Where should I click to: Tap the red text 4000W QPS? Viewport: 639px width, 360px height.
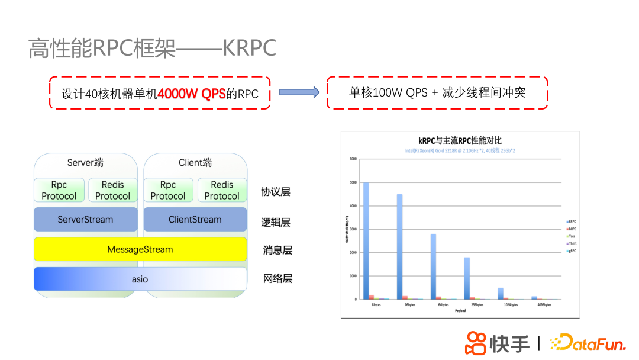[192, 94]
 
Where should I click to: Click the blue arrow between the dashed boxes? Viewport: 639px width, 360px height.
[299, 92]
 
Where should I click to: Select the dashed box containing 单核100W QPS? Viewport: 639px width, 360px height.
[437, 92]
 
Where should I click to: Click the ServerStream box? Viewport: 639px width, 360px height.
[85, 220]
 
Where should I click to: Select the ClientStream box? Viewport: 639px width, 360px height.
[195, 220]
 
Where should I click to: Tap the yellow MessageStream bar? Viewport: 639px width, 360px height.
[140, 249]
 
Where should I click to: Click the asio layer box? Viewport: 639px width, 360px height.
[140, 279]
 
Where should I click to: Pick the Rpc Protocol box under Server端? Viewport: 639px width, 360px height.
[59, 191]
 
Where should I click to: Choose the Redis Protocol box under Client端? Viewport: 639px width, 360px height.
[222, 191]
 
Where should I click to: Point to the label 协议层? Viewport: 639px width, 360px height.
[276, 192]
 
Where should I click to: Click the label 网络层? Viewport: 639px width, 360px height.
[277, 278]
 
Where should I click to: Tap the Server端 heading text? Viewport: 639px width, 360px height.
[85, 163]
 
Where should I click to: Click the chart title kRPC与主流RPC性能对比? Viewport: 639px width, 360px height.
[460, 140]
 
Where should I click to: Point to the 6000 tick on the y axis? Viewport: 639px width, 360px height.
[353, 159]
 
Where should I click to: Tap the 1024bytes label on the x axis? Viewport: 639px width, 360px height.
[510, 305]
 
